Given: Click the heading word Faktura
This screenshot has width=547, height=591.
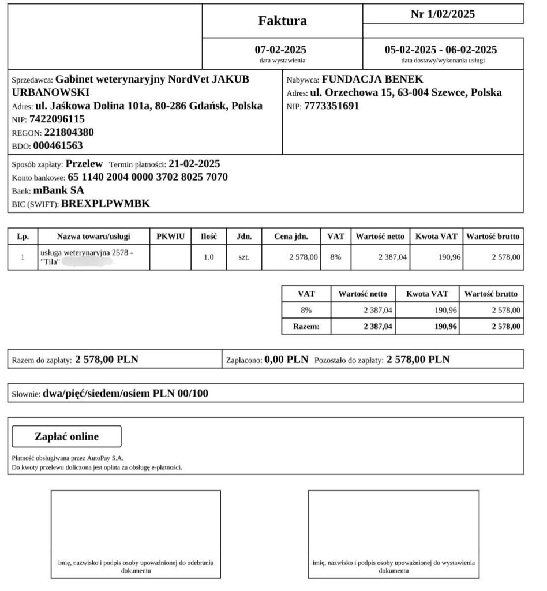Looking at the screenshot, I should tap(282, 21).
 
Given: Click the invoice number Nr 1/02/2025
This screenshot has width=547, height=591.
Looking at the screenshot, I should tap(443, 14).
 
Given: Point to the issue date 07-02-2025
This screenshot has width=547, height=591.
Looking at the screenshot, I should tap(280, 50).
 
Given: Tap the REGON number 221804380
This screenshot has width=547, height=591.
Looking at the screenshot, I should tap(69, 132).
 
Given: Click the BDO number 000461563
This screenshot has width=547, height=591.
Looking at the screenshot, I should tap(58, 145).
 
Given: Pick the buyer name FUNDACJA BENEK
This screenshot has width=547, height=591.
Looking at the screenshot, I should tap(372, 79).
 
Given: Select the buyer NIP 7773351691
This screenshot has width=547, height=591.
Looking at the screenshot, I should tap(331, 106).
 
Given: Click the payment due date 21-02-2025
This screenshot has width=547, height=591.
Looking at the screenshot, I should tap(194, 164).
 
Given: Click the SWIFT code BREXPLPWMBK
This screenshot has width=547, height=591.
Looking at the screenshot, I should tap(106, 203).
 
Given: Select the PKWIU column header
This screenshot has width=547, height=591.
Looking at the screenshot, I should tap(170, 236).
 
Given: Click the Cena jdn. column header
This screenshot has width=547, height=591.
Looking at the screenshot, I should tap(291, 236).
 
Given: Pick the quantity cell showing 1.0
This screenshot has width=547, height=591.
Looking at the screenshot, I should tap(209, 257).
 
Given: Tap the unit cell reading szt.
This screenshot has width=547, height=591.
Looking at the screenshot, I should tap(243, 257).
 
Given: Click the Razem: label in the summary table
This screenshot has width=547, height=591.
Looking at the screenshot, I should tap(306, 327).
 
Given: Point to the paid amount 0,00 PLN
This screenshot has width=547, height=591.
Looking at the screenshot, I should tap(287, 360).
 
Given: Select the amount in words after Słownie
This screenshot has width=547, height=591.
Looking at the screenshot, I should tap(125, 394).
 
